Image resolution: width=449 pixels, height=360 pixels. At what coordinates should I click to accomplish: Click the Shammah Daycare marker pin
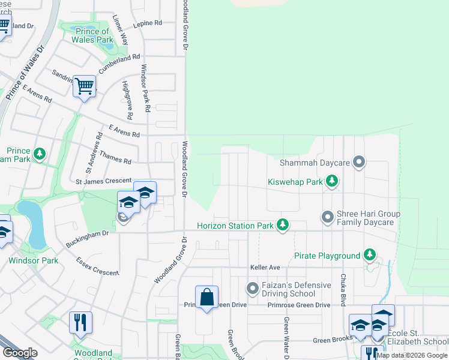coord(359,162)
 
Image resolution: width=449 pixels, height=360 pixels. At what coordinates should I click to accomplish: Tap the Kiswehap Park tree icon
coord(331,181)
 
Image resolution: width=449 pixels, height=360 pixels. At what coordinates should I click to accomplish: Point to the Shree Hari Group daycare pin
coord(327,217)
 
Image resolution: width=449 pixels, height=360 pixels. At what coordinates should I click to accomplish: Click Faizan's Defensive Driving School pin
coord(253,289)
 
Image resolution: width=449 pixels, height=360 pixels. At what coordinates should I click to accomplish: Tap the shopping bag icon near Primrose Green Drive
coord(206,297)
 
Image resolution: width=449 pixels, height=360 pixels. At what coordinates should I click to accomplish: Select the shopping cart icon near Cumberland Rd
coord(85,86)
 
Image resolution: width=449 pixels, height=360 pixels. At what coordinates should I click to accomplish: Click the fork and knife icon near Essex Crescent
coord(80,323)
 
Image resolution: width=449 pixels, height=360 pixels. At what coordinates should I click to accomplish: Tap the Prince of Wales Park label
coord(92,36)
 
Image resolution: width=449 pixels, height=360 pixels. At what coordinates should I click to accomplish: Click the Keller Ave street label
coord(265,267)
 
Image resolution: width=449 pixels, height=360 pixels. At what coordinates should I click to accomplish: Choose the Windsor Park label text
coord(34,260)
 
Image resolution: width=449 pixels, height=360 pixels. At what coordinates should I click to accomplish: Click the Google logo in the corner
coord(20,353)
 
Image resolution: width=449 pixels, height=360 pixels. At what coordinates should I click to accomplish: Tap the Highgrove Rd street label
coord(127,100)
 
